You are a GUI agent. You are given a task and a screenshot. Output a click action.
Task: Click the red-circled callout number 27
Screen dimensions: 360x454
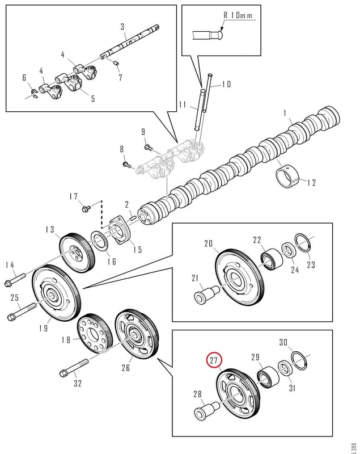[213, 360]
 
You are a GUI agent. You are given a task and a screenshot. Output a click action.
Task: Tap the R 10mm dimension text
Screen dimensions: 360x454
[238, 15]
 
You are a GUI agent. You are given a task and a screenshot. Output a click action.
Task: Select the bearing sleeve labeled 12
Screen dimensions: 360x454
[287, 176]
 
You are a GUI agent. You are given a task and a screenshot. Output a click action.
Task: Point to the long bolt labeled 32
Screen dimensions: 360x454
[74, 367]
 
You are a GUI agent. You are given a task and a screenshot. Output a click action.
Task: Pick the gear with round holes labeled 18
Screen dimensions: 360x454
[95, 333]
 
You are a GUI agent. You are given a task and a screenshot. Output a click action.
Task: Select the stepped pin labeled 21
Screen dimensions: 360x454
[206, 294]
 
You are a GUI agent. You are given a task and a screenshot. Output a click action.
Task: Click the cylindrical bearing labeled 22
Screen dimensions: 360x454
[272, 259]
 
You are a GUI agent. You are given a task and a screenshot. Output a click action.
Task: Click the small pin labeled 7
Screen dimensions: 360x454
[116, 63]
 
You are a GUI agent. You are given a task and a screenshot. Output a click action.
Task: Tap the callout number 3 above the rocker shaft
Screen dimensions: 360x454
[122, 27]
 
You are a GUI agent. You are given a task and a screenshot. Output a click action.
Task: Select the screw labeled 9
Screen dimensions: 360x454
[148, 148]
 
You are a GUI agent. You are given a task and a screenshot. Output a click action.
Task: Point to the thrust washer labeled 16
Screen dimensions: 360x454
[100, 241]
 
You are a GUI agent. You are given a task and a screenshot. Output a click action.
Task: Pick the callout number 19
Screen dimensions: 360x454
[44, 328]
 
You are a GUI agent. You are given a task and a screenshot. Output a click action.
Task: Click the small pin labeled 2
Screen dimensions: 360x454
[134, 218]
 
